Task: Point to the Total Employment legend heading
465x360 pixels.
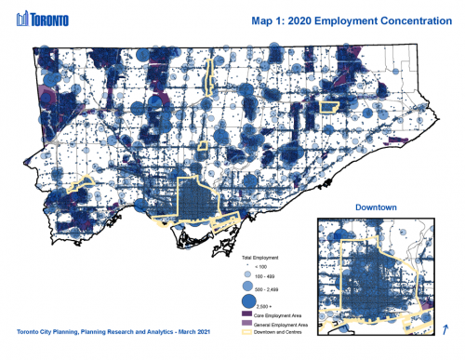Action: click(x=259, y=255)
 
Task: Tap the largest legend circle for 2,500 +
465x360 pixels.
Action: click(x=247, y=303)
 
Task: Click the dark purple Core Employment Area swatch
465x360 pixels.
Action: click(x=247, y=315)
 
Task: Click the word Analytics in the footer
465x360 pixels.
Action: click(x=153, y=332)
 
